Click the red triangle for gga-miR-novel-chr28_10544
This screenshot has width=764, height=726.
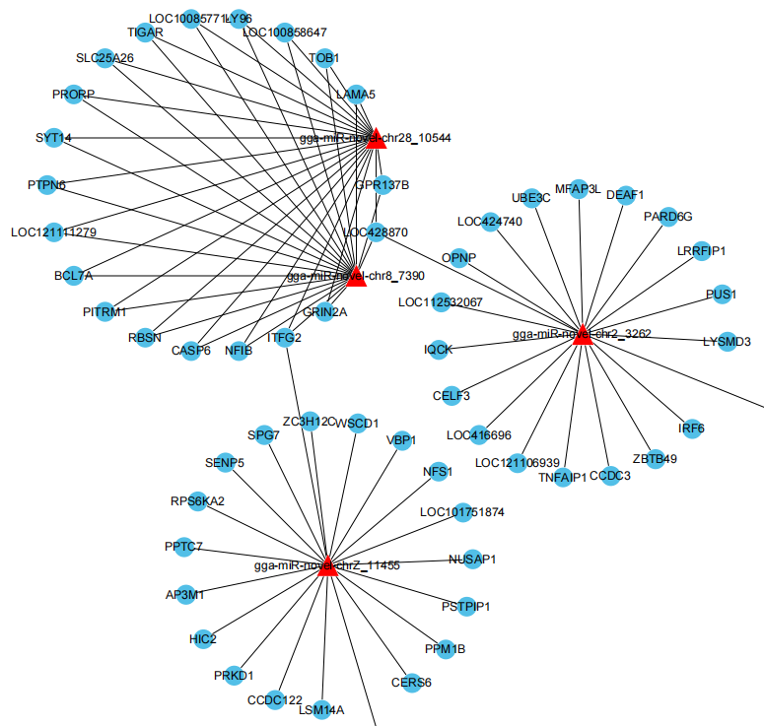tap(375, 138)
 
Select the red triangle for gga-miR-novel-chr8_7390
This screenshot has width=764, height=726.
tap(356, 276)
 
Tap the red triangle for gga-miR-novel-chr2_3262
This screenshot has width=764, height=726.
tap(583, 334)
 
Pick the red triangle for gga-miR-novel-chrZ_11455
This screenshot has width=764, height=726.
tap(329, 565)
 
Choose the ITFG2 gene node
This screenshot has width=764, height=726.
tap(284, 338)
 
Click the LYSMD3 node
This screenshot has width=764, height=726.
tap(727, 342)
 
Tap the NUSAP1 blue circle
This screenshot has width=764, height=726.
tap(472, 560)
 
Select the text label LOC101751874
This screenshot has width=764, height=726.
tap(461, 512)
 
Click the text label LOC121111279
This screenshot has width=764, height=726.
tap(67, 232)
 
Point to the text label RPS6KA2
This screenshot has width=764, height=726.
tap(197, 500)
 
